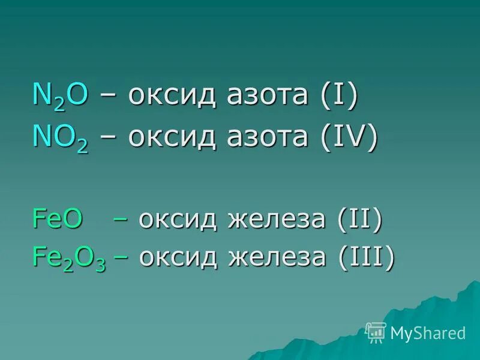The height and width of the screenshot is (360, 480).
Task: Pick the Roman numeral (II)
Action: click(359, 220)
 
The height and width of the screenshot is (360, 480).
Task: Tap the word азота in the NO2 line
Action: click(266, 139)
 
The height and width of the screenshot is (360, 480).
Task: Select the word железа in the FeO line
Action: click(279, 220)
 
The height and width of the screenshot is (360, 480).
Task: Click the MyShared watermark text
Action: click(428, 333)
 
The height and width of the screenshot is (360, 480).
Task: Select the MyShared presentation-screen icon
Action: click(376, 332)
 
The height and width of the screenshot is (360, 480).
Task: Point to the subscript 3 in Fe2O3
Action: click(100, 265)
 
